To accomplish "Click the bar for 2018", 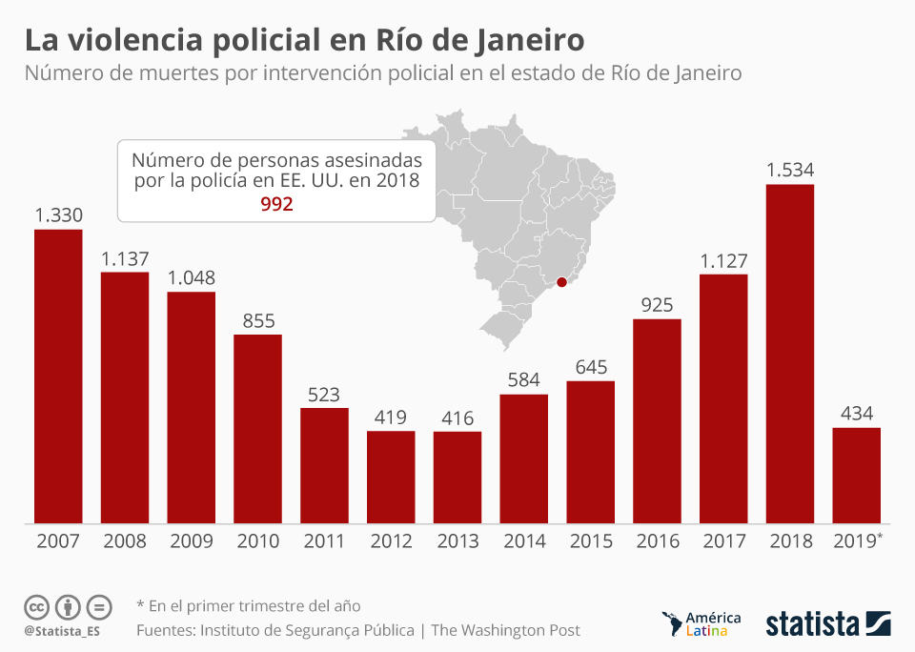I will (790, 354).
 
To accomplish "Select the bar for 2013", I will (457, 477).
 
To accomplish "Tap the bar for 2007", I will (58, 376).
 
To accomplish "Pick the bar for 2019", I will (856, 475).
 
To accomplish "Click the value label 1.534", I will (790, 171).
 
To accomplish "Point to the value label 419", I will (391, 418).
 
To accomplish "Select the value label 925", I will (657, 305).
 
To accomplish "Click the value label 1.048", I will (192, 278).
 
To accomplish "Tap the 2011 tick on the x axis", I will (324, 541).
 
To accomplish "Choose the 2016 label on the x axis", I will (657, 541).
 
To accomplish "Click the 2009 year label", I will (192, 541).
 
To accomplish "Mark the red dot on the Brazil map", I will (562, 282).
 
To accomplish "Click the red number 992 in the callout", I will (276, 204).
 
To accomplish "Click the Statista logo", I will (827, 624).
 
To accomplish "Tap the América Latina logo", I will (701, 623).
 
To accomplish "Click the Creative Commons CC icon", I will (36, 606).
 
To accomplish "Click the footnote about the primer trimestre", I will (249, 605).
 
